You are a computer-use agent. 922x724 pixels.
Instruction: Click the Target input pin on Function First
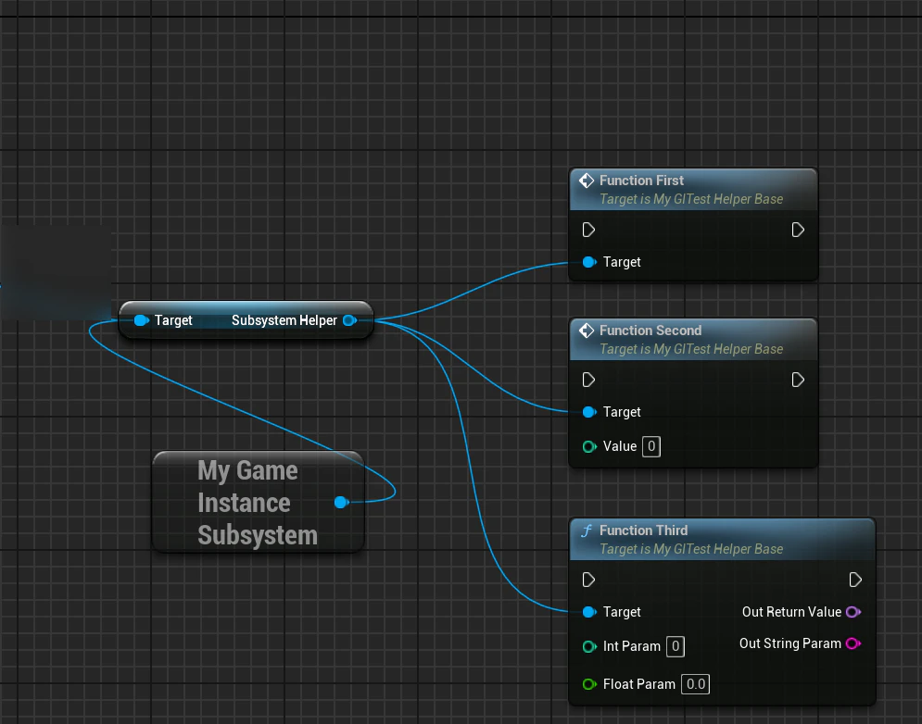click(x=589, y=262)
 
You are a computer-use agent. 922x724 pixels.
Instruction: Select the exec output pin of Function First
click(x=798, y=230)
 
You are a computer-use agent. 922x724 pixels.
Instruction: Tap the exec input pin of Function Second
click(x=588, y=380)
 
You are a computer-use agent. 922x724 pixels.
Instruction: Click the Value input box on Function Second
click(x=651, y=446)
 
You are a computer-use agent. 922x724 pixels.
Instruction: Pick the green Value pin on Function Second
click(x=589, y=446)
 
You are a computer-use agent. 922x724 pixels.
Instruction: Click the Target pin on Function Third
click(x=589, y=612)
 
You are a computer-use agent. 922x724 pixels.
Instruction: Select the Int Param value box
click(x=676, y=646)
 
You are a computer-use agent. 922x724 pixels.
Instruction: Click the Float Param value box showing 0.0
click(x=696, y=684)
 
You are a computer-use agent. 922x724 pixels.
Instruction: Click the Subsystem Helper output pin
click(x=350, y=320)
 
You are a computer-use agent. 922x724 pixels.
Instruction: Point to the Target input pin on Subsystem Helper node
click(x=141, y=320)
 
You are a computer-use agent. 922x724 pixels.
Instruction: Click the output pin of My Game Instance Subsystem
click(x=341, y=503)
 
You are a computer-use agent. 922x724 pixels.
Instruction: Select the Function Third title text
click(x=643, y=531)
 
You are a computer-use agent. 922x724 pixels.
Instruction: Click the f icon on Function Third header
click(x=587, y=531)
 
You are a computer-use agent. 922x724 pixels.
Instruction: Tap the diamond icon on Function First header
click(x=587, y=181)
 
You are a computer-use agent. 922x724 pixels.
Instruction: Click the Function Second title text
click(x=650, y=331)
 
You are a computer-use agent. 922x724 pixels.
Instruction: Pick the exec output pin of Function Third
click(x=855, y=580)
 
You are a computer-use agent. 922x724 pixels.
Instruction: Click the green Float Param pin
click(x=589, y=684)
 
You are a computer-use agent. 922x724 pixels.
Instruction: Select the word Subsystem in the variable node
click(x=258, y=535)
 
